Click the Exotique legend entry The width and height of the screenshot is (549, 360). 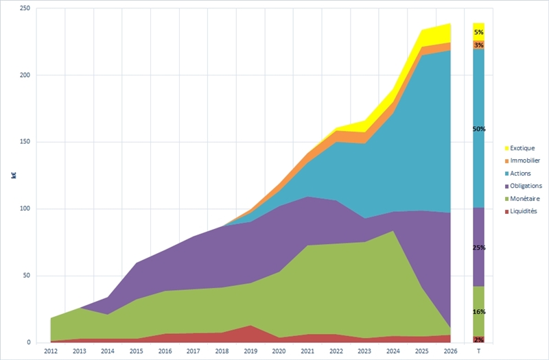pos(522,148)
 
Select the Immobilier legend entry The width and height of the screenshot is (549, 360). pos(525,160)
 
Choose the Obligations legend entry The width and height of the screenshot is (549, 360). pos(526,186)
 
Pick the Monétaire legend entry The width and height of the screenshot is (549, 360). pos(524,198)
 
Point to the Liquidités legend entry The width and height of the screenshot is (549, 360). pos(524,211)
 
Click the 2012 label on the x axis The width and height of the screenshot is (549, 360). pos(50,350)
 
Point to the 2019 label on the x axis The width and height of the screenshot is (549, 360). pos(251,350)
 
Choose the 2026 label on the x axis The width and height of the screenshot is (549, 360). pos(449,350)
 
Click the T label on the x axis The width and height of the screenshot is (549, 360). pos(478,350)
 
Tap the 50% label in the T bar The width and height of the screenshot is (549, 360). pos(478,129)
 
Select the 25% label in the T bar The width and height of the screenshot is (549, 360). pos(478,247)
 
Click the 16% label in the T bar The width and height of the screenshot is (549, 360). pos(478,312)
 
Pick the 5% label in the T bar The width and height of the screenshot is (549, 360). pos(478,32)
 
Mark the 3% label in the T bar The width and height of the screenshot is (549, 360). pos(478,45)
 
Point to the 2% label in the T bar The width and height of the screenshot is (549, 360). pos(478,339)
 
